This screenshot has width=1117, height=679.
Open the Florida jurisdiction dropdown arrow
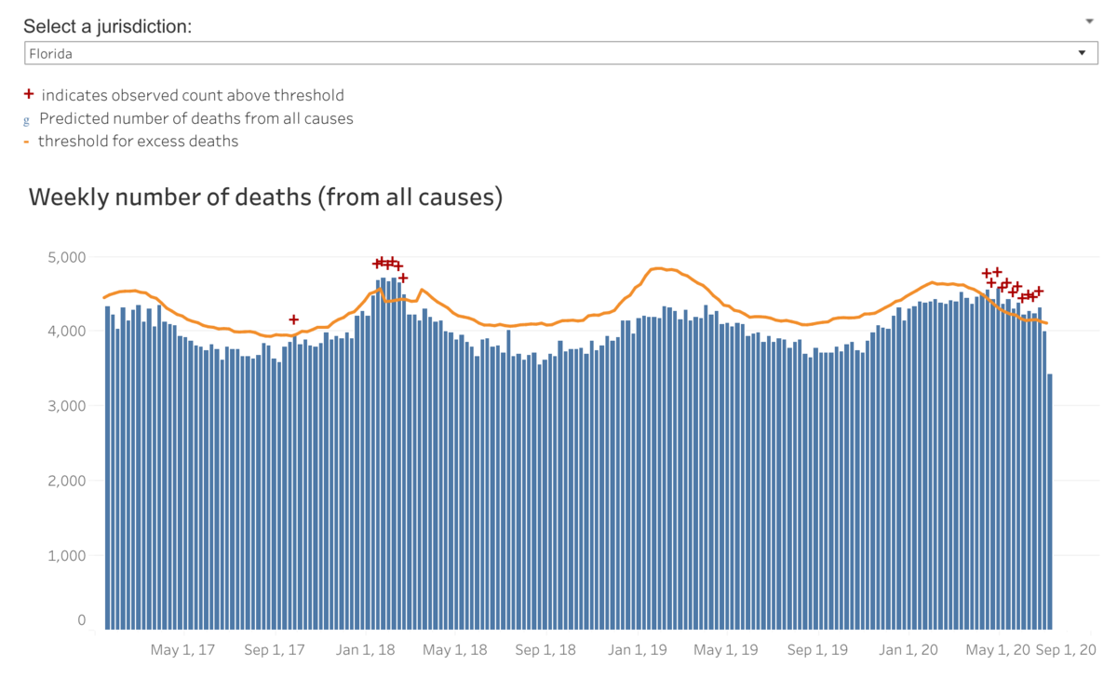point(1082,53)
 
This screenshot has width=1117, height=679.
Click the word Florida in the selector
point(51,54)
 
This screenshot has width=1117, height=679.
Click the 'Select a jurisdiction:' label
point(107,26)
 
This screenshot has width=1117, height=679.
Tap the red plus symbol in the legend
point(29,94)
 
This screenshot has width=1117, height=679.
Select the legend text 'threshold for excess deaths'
point(138,142)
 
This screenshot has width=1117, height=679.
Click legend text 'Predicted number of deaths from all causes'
point(195,118)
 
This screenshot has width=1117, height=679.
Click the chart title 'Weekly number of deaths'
point(265,197)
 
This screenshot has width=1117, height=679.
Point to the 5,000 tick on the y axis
point(66,257)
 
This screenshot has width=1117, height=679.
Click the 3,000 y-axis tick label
point(66,406)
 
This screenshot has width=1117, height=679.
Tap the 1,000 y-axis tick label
point(66,556)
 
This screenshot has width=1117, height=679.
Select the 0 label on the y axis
point(82,620)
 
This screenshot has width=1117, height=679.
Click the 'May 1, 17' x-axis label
point(182,650)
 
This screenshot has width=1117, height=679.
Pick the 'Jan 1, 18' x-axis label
point(365,650)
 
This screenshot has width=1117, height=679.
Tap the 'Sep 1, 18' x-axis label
point(545,650)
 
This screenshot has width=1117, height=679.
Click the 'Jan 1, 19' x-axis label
point(638,650)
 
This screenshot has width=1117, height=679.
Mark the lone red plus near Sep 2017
point(294,319)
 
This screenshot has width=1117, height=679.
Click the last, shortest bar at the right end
point(1050,503)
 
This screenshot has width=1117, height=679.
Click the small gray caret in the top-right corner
point(1089,20)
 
